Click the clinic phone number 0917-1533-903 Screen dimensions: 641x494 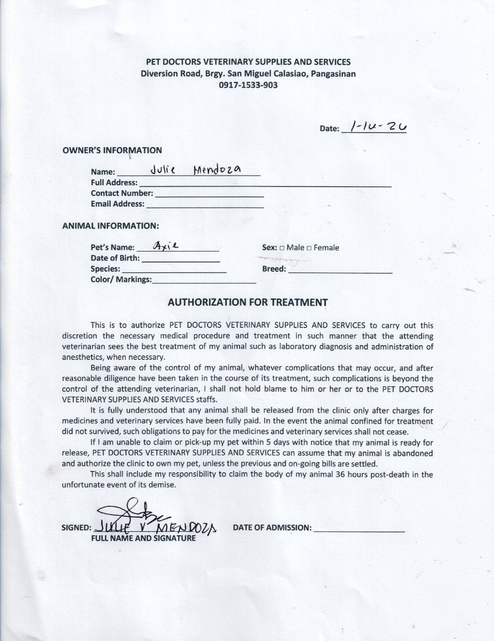click(248, 85)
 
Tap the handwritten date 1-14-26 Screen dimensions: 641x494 click(378, 126)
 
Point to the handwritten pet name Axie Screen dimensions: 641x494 click(166, 245)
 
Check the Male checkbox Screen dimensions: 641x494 click(282, 248)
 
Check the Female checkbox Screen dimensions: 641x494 click(309, 248)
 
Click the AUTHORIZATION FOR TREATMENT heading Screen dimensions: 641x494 click(248, 302)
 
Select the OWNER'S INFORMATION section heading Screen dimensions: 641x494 click(112, 150)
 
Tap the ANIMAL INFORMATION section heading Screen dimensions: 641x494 click(110, 226)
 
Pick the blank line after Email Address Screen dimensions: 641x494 click(205, 206)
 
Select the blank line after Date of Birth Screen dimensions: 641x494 click(180, 261)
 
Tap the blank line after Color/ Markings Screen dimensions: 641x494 click(204, 282)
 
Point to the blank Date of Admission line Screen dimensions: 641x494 click(359, 530)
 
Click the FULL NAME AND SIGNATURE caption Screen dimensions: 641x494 click(143, 538)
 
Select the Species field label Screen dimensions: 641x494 click(105, 269)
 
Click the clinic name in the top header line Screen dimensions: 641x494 click(248, 62)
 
